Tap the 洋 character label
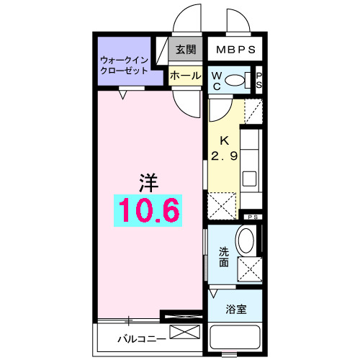(148, 180)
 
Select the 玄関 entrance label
(186, 50)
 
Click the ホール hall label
(186, 75)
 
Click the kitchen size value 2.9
(224, 156)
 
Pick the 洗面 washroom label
(223, 258)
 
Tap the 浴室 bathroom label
(236, 310)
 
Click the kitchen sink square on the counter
(250, 178)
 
